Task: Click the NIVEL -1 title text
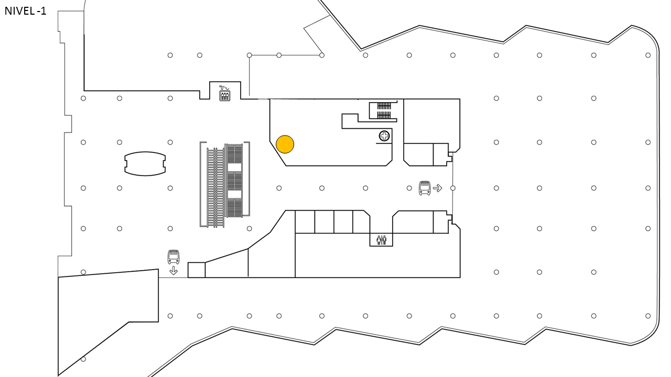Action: (x=26, y=11)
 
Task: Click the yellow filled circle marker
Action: (x=285, y=144)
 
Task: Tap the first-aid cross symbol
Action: (x=384, y=136)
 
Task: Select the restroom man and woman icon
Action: (x=381, y=240)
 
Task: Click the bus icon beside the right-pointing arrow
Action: (x=425, y=188)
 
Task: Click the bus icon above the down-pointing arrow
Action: (x=174, y=257)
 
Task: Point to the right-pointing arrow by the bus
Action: (x=438, y=188)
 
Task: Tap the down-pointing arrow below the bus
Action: (x=174, y=271)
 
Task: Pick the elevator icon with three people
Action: (x=225, y=96)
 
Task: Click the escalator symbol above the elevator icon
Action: (x=224, y=87)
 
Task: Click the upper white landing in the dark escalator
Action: (x=234, y=167)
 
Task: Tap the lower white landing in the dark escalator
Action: (x=234, y=195)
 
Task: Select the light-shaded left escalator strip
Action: (x=215, y=187)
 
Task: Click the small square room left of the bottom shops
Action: (x=197, y=270)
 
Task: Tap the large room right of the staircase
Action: (x=431, y=121)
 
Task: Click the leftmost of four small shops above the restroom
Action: (x=305, y=221)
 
